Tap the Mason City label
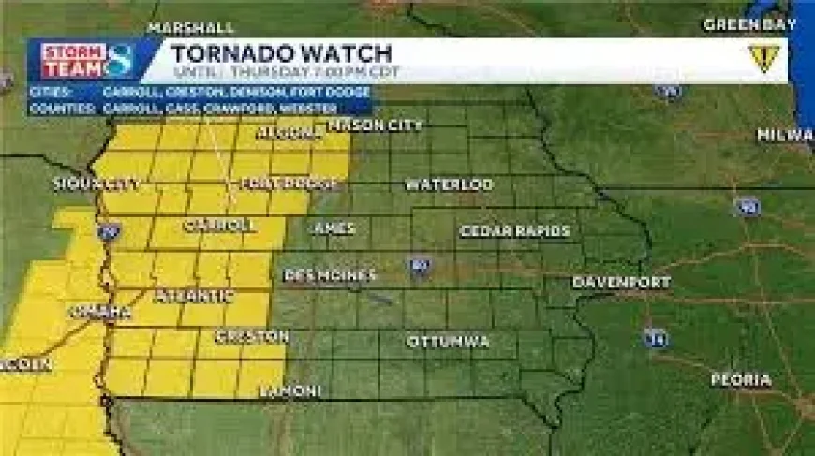click(375, 125)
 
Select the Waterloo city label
click(449, 184)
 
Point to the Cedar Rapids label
click(514, 230)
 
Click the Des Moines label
click(330, 275)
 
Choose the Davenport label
click(622, 282)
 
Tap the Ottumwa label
click(448, 342)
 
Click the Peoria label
click(740, 380)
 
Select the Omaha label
click(99, 312)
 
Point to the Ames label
click(334, 228)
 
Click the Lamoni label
click(291, 390)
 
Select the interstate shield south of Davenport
click(656, 337)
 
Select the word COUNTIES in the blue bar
click(63, 108)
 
